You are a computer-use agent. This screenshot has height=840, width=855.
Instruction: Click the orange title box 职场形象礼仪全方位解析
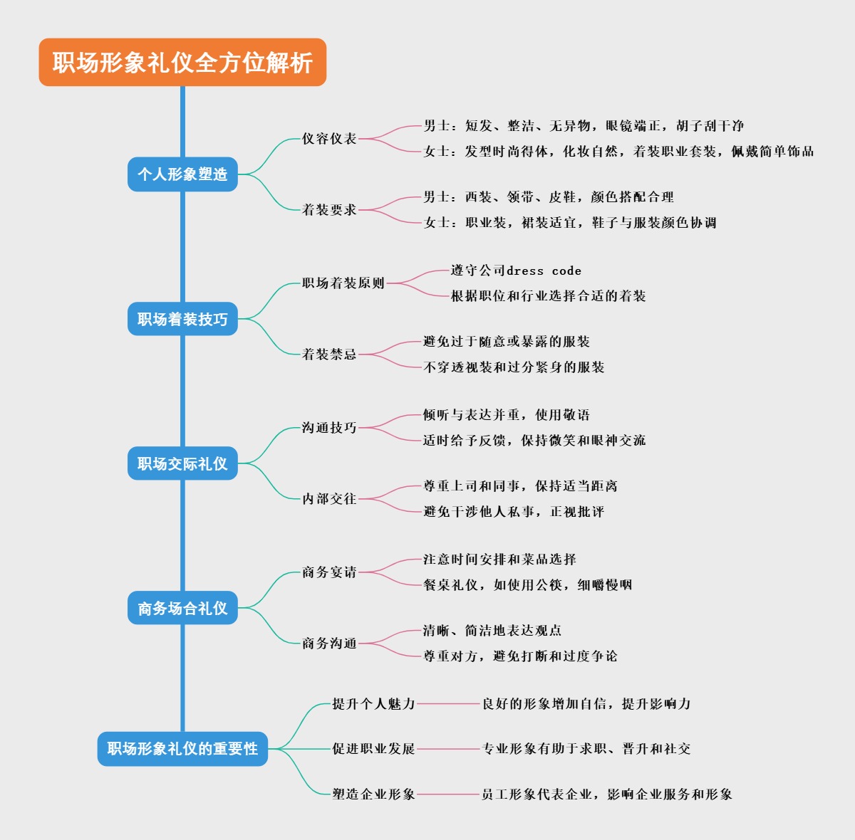182,63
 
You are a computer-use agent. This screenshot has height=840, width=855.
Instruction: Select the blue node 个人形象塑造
182,174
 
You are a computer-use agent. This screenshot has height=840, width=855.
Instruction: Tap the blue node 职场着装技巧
182,319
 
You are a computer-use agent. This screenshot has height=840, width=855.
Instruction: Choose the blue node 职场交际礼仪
182,463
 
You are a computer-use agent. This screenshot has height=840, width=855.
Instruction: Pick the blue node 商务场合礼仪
182,608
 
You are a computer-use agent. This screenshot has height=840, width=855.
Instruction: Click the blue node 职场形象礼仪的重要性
182,749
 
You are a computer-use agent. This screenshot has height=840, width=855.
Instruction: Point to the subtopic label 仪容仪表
329,139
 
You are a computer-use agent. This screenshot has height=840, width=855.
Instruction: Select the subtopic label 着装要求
329,210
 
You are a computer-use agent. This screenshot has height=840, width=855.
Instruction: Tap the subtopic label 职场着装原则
343,283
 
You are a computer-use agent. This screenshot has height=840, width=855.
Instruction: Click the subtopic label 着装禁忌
329,355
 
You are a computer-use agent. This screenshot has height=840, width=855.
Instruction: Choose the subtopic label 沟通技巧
329,428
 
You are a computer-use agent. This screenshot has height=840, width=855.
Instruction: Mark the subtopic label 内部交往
329,499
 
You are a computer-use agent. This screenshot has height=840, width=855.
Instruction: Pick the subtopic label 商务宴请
329,572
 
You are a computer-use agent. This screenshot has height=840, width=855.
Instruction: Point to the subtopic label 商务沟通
329,644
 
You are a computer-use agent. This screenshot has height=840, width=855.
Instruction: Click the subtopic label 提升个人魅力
373,704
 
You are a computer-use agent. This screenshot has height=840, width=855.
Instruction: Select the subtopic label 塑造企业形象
373,794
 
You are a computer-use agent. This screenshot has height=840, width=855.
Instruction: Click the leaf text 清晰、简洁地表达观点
492,631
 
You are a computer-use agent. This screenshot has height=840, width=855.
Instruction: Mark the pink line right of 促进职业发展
449,749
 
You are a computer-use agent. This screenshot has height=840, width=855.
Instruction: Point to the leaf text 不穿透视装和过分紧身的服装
514,367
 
